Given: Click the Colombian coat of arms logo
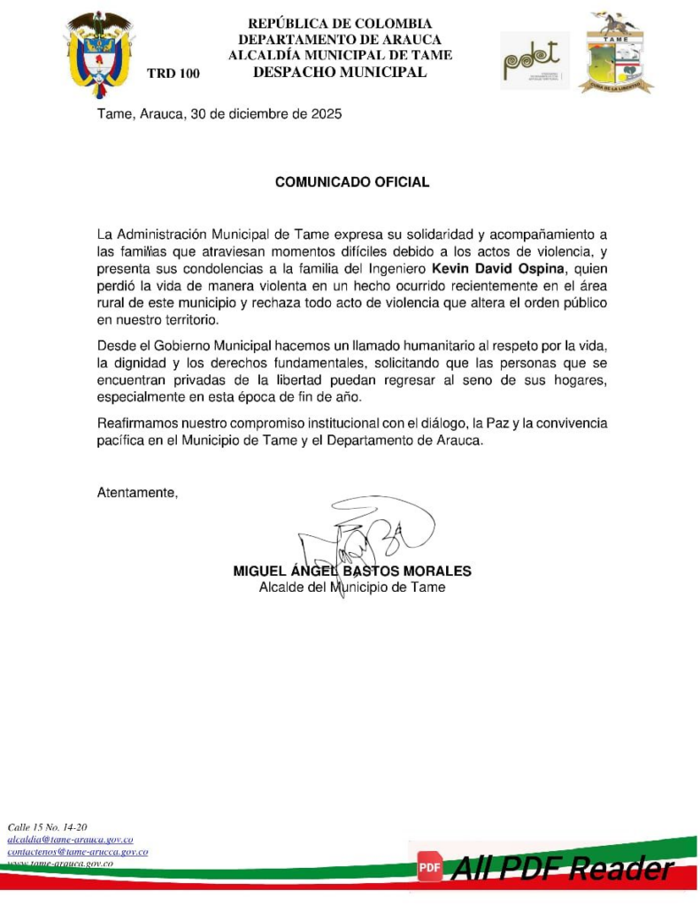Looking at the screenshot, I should (99, 53).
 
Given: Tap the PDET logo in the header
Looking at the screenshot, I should (535, 60).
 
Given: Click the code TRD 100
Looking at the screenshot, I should (173, 73).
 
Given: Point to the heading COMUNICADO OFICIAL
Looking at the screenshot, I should (352, 182).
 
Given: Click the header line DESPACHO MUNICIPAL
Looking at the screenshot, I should (340, 73).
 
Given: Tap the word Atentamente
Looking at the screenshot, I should (137, 493).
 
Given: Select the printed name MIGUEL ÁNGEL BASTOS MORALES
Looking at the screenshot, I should (352, 572).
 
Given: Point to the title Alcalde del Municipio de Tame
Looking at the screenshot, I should (352, 587).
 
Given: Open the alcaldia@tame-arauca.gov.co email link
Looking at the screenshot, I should (70, 839).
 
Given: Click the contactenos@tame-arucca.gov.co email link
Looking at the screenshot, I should (77, 851).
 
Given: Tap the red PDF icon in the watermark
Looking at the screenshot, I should (430, 868).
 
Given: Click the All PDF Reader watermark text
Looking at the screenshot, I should (561, 869).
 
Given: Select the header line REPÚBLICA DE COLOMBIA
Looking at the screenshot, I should (340, 24).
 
